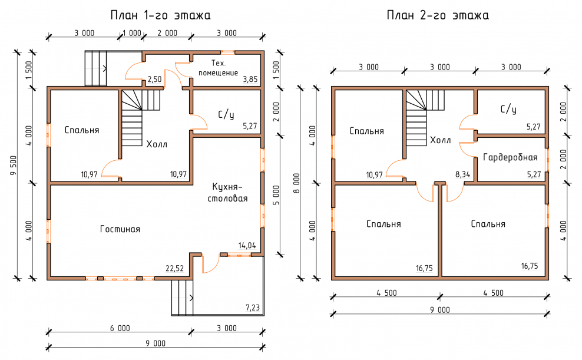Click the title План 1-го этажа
160,15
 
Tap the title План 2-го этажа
437,15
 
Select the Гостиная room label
120,229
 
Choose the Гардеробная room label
510,157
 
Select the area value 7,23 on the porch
252,308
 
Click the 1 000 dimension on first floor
133,33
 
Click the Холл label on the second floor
441,140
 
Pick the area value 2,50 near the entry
154,79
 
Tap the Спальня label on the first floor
82,130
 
